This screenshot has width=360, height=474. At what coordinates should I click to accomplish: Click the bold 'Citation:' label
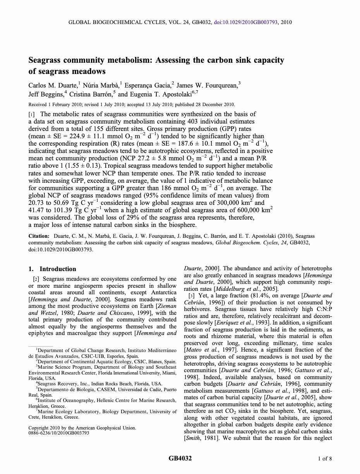[x=39, y=236]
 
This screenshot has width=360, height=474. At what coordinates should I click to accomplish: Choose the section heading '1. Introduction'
[x=52, y=269]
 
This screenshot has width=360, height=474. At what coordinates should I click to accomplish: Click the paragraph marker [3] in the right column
[x=191, y=295]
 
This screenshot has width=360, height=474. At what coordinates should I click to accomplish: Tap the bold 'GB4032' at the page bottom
[x=180, y=459]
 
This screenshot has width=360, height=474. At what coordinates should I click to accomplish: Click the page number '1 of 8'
[x=325, y=459]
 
